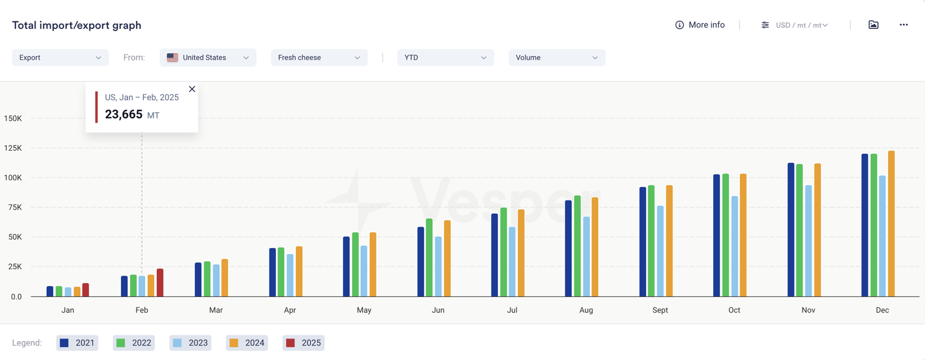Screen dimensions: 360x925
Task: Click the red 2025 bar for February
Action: pyautogui.click(x=160, y=283)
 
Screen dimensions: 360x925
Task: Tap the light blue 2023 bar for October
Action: pyautogui.click(x=734, y=247)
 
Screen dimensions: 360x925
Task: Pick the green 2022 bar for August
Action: pyautogui.click(x=577, y=246)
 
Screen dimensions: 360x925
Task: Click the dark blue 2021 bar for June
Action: pyautogui.click(x=421, y=262)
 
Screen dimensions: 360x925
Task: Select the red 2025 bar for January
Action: pyautogui.click(x=86, y=290)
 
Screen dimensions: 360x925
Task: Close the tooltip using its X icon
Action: pyautogui.click(x=192, y=89)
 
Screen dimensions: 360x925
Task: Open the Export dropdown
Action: pyautogui.click(x=60, y=57)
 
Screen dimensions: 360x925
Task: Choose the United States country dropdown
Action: pyautogui.click(x=208, y=57)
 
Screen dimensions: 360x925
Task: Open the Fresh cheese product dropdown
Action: pyautogui.click(x=319, y=57)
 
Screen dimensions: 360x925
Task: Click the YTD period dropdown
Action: pyautogui.click(x=445, y=57)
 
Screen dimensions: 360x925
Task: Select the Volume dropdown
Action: pyautogui.click(x=557, y=57)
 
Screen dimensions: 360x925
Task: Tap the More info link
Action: pyautogui.click(x=700, y=25)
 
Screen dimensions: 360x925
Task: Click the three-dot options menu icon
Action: pyautogui.click(x=904, y=25)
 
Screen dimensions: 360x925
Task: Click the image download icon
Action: pyautogui.click(x=874, y=25)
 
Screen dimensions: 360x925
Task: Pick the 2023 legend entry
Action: pyautogui.click(x=191, y=343)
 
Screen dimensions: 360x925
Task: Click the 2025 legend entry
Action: pyautogui.click(x=304, y=343)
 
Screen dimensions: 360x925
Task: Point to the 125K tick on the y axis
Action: pyautogui.click(x=13, y=148)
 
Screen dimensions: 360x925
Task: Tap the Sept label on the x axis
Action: pyautogui.click(x=660, y=310)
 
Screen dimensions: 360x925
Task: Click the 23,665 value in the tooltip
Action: pyautogui.click(x=124, y=114)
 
